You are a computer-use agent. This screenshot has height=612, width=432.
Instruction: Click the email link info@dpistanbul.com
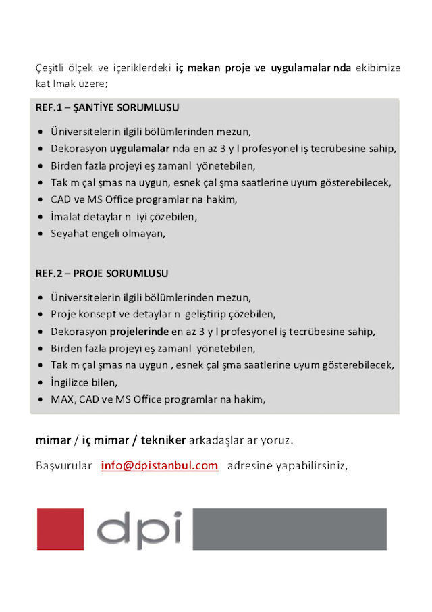pyautogui.click(x=159, y=465)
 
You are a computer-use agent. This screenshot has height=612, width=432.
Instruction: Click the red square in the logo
pyautogui.click(x=60, y=528)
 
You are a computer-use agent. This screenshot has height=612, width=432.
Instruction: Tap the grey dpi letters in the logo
pyautogui.click(x=138, y=528)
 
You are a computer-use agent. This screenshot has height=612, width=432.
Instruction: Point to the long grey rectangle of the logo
pyautogui.click(x=290, y=528)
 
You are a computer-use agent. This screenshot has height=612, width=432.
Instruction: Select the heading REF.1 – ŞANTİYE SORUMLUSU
pyautogui.click(x=107, y=107)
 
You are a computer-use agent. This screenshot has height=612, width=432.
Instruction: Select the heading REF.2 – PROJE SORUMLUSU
pyautogui.click(x=102, y=274)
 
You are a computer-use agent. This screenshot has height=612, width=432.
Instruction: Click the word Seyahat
pyautogui.click(x=68, y=234)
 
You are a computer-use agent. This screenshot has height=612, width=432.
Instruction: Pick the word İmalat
pyautogui.click(x=65, y=218)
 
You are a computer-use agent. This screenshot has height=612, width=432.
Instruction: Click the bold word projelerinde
pyautogui.click(x=139, y=332)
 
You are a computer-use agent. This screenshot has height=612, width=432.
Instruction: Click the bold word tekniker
pyautogui.click(x=163, y=440)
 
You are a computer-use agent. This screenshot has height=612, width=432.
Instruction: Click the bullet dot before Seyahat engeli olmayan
pyautogui.click(x=42, y=234)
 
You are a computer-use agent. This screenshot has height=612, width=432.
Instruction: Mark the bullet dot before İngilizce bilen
pyautogui.click(x=42, y=382)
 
